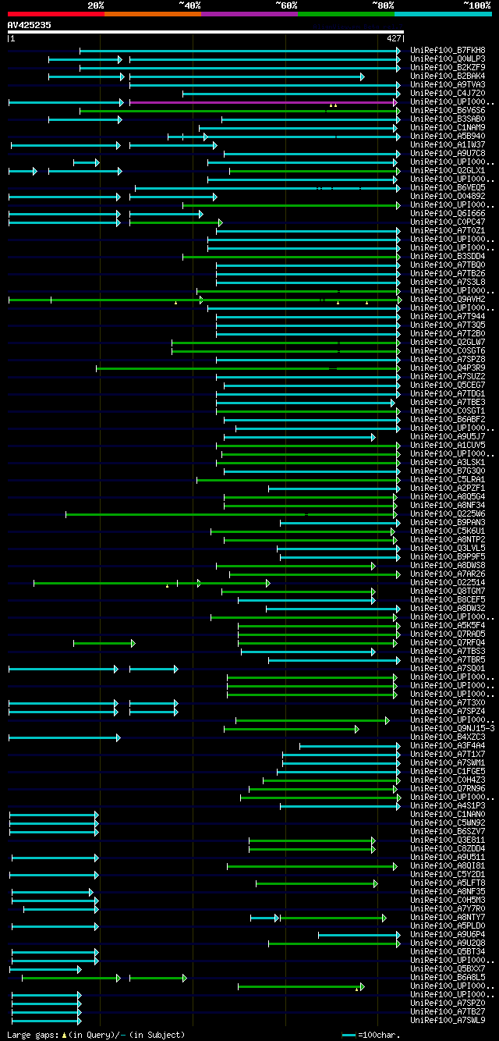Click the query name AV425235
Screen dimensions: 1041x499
(30, 25)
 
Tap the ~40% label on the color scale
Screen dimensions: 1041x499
(189, 5)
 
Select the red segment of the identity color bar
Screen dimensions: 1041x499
(55, 14)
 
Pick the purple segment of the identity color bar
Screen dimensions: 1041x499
(249, 14)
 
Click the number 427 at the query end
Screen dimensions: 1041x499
(393, 38)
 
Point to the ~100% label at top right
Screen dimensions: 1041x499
(477, 5)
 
